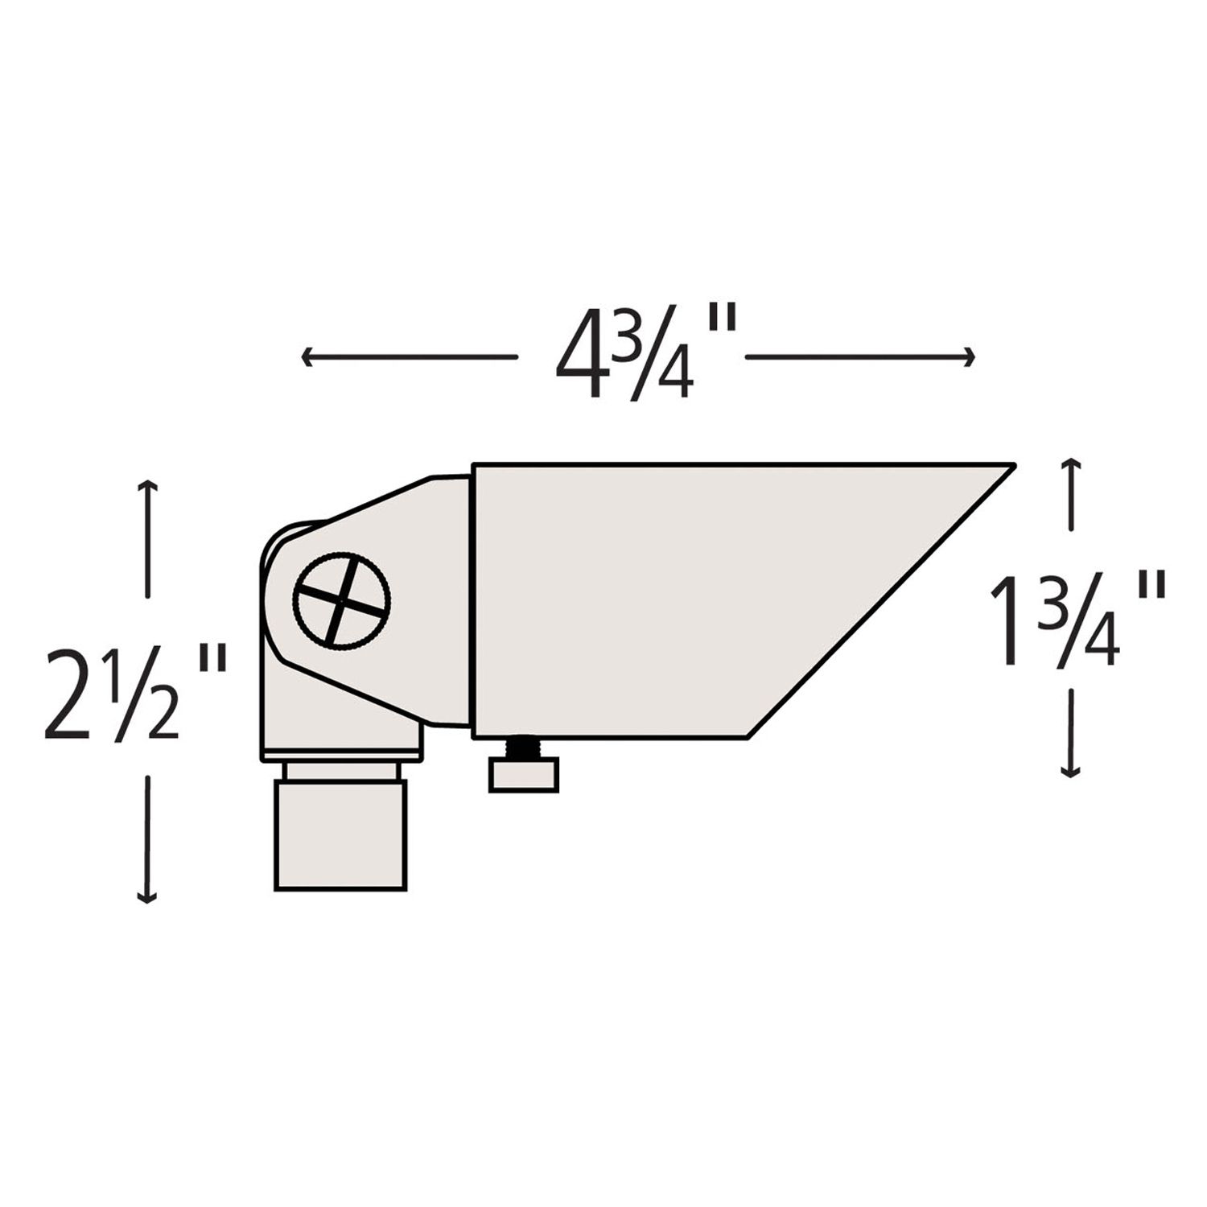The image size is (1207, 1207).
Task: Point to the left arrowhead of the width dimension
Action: (x=306, y=356)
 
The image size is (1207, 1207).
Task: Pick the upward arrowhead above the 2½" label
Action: (x=146, y=485)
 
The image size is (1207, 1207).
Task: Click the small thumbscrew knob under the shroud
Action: (x=524, y=777)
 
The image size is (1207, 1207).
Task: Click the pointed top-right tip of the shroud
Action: (x=1010, y=466)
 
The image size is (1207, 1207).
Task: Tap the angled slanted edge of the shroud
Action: (x=881, y=599)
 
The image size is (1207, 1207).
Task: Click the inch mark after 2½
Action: (x=211, y=660)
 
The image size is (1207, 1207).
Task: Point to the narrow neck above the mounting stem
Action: (x=341, y=771)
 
